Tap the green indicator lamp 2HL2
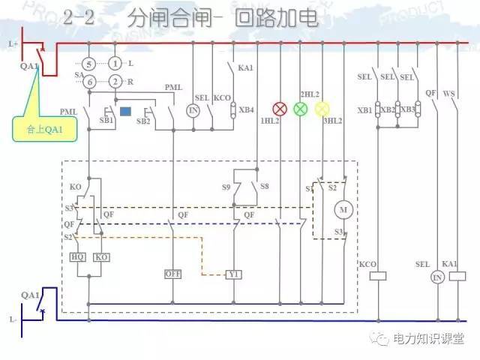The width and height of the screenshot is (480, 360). pos(300,109)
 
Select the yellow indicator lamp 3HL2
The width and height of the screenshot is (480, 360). pos(322,109)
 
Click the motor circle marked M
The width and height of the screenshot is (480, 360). pos(344,208)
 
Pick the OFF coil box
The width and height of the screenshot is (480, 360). pos(174,274)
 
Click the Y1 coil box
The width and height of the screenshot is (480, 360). pos(235,274)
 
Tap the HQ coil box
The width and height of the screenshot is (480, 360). pos(78,256)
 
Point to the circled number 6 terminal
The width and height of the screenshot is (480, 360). pos(89,82)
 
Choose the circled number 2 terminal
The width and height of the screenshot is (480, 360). pos(115,82)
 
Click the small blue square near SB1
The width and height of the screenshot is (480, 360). pos(125,112)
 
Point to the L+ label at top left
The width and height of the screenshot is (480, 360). pos(13,43)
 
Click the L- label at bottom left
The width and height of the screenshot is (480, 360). pos(13,319)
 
